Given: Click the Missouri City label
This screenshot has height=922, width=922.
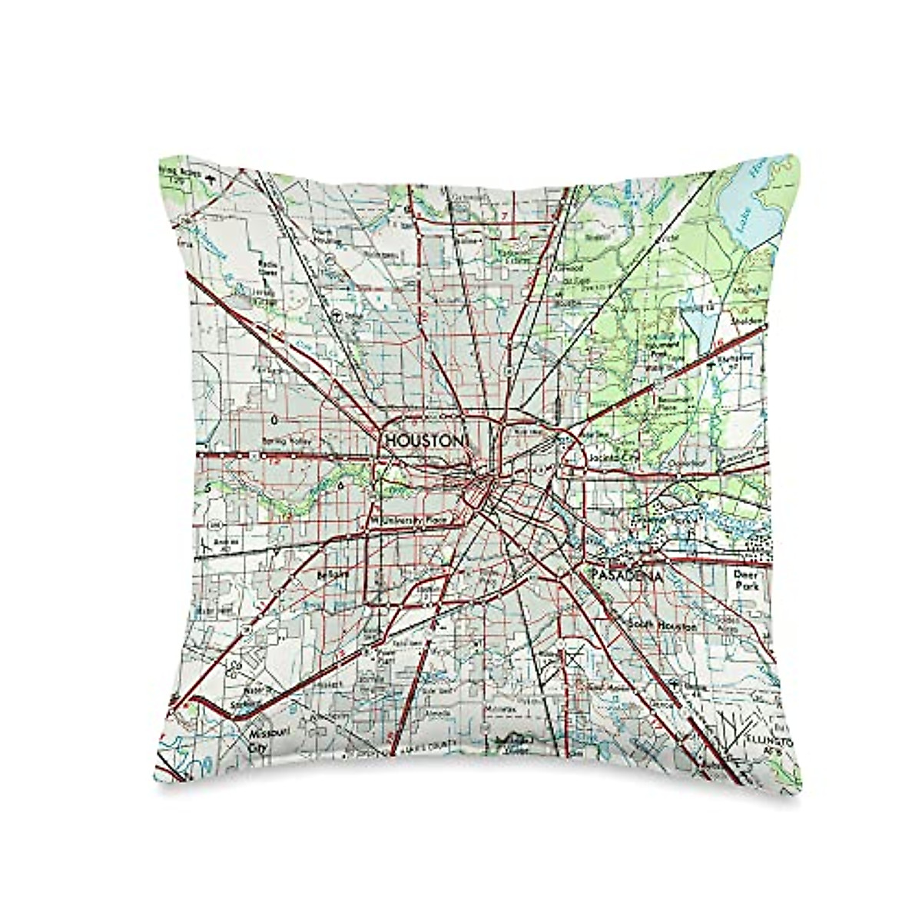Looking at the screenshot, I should (258, 738).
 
